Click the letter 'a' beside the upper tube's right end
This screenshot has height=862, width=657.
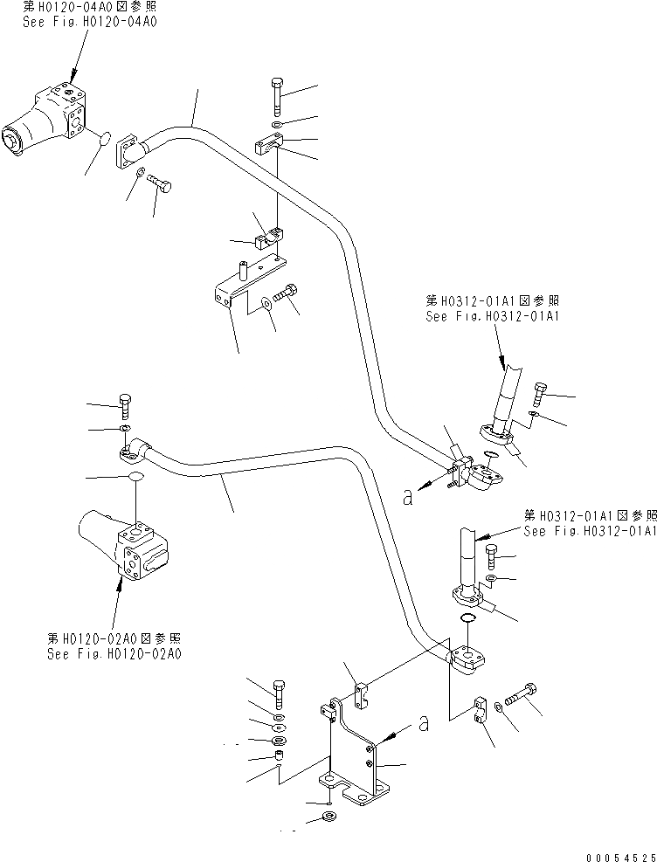point(408,496)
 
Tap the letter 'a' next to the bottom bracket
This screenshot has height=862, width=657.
point(424,723)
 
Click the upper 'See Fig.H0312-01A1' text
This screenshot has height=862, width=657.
point(491,317)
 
